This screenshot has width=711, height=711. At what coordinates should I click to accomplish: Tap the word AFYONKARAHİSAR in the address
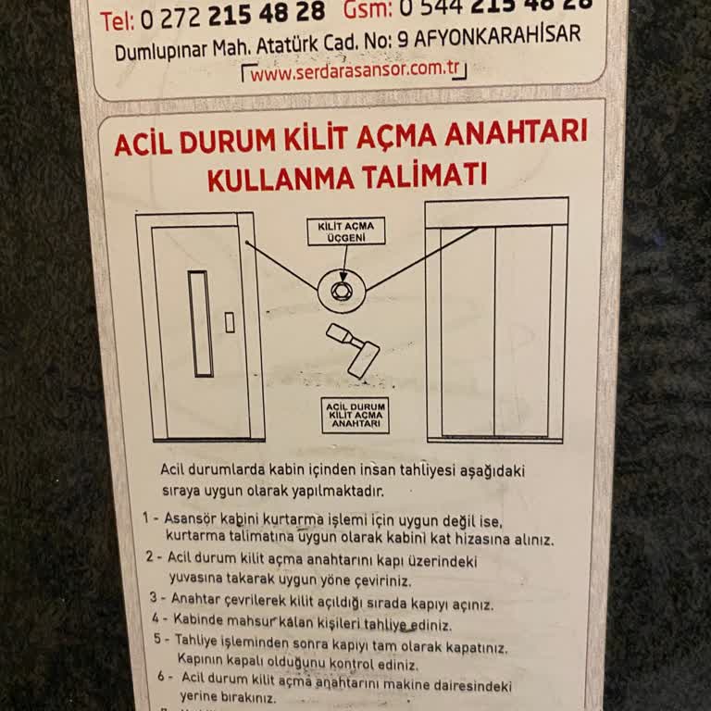tap(498, 37)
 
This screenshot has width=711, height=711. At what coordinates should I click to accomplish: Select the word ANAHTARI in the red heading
tap(516, 134)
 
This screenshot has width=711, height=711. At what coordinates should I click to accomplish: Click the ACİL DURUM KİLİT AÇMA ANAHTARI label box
tap(355, 416)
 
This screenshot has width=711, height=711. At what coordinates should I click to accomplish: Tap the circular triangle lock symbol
tap(342, 289)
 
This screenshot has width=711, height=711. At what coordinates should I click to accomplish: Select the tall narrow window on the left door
tap(200, 323)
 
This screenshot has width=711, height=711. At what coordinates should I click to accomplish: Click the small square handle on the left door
tap(230, 322)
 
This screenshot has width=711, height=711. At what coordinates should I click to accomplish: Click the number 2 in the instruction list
tap(150, 557)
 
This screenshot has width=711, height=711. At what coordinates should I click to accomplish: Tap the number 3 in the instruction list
tap(154, 598)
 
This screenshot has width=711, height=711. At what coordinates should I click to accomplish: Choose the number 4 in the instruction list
tap(156, 618)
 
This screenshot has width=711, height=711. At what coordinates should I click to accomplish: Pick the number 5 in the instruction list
tap(158, 639)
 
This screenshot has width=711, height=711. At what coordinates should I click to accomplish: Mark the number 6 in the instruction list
tap(161, 676)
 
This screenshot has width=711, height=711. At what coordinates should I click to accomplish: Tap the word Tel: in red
tap(118, 19)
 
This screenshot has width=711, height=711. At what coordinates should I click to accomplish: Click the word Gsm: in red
tap(368, 9)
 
